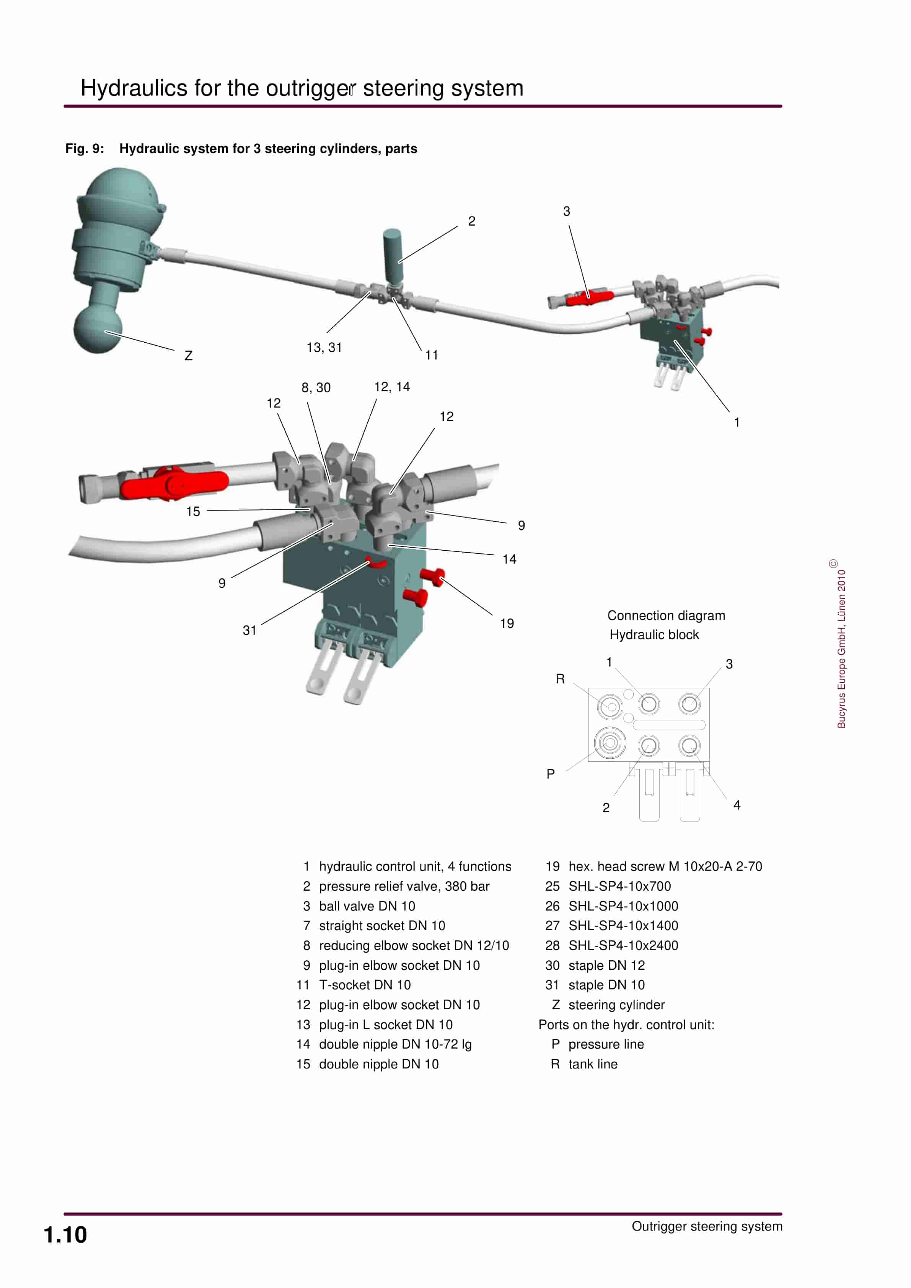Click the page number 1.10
coord(65,1235)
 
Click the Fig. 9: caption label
coord(84,149)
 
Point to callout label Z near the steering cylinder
coord(189,356)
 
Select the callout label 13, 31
coord(324,348)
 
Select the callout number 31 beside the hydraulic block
coord(249,631)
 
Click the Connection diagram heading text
coord(666,616)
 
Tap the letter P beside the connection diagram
coord(551,774)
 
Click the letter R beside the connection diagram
coord(560,679)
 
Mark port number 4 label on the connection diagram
coord(737,805)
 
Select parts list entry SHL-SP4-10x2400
coord(623,946)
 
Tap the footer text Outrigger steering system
coord(707,1226)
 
